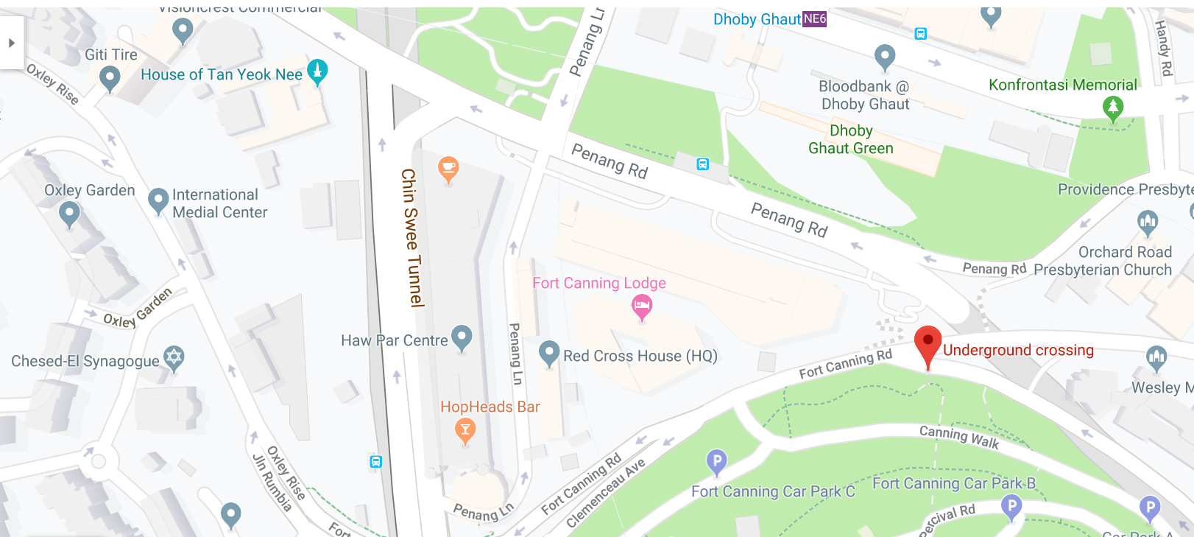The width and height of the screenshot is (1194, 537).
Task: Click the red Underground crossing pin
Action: click(928, 344)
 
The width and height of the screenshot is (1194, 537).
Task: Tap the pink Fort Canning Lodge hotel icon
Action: click(642, 306)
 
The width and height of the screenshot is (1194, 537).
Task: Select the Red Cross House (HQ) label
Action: click(640, 356)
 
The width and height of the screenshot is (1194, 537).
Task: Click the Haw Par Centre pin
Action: click(462, 337)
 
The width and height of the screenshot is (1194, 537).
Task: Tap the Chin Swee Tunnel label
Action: click(411, 237)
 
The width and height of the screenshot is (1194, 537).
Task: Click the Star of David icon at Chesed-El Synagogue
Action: click(174, 358)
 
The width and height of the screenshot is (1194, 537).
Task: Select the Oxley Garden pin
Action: click(69, 214)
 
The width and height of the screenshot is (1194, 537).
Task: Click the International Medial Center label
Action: click(219, 203)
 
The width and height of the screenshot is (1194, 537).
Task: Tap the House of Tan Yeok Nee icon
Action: click(317, 71)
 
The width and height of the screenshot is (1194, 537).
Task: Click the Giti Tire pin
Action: click(110, 77)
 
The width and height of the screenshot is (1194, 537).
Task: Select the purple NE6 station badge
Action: click(814, 19)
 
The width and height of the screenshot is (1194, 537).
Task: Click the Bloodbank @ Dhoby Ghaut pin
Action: click(884, 56)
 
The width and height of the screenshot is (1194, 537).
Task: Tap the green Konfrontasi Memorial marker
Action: click(1112, 108)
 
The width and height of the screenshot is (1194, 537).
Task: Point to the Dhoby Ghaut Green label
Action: click(850, 139)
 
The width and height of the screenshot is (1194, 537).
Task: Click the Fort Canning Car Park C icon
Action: click(716, 462)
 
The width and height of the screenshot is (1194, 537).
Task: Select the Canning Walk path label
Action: click(958, 437)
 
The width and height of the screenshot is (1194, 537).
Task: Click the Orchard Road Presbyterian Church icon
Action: click(1147, 221)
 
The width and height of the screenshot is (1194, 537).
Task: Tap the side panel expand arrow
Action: click(12, 43)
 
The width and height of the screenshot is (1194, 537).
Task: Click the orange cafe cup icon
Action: click(448, 169)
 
